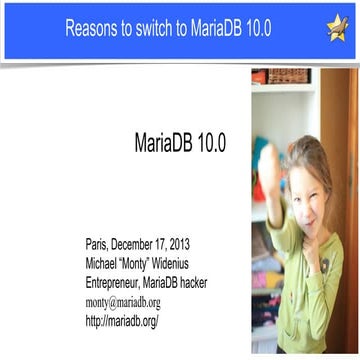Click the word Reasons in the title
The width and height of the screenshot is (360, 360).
coord(93,29)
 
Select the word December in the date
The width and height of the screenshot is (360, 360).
coord(147,246)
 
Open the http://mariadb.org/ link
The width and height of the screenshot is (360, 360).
coord(123,321)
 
